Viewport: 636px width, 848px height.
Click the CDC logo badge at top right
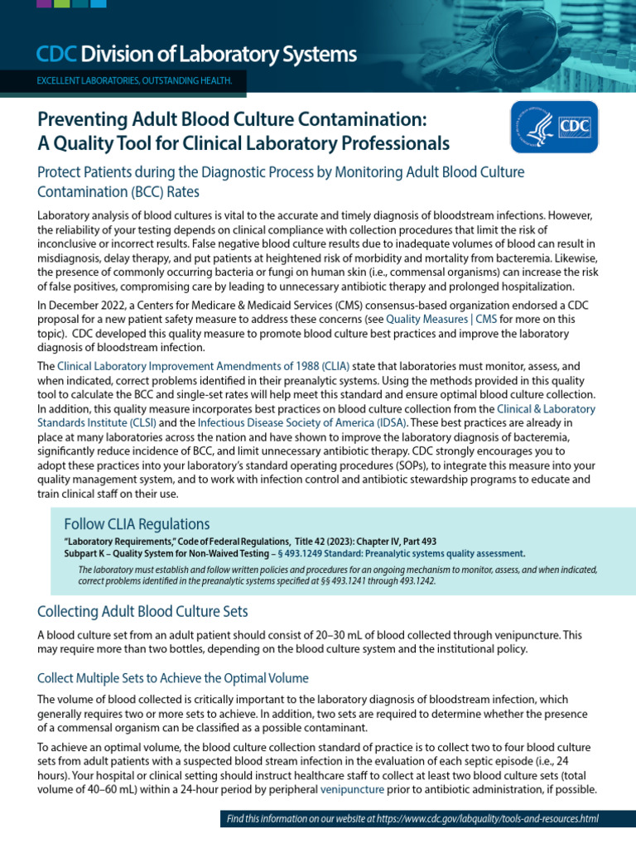pyautogui.click(x=554, y=127)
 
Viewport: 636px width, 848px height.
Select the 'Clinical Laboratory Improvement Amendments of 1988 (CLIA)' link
pyautogui.click(x=204, y=365)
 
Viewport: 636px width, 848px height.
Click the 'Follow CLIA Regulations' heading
pyautogui.click(x=137, y=524)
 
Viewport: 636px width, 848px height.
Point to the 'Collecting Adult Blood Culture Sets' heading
pyautogui.click(x=142, y=611)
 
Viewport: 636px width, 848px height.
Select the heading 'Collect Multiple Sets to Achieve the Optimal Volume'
pyautogui.click(x=173, y=678)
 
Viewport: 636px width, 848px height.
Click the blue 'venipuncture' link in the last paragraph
pyautogui.click(x=353, y=791)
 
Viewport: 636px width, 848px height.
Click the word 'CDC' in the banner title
pyautogui.click(x=56, y=55)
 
